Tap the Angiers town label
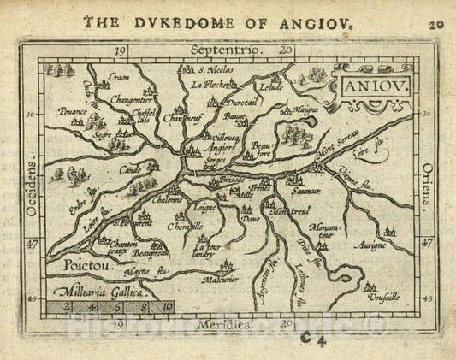[222, 146]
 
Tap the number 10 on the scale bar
[167, 305]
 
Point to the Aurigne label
[384, 245]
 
